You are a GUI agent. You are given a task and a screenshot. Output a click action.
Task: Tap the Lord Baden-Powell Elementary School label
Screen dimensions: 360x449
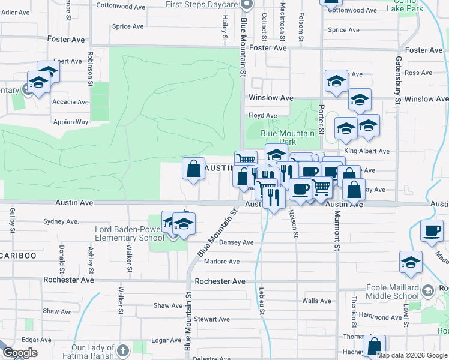129,233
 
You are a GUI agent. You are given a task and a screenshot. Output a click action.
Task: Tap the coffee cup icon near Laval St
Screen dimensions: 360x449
432,230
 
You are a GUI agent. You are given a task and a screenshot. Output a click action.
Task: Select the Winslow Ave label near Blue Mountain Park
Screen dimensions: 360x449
271,98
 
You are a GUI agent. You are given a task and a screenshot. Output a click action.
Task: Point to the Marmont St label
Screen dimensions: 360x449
337,230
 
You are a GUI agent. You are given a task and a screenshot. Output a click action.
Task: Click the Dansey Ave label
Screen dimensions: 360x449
237,242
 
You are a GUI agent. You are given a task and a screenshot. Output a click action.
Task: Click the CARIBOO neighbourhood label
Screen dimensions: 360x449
18,256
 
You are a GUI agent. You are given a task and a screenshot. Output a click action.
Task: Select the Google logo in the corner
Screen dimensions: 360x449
20,353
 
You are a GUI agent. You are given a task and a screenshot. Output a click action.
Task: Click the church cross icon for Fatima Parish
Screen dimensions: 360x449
122,350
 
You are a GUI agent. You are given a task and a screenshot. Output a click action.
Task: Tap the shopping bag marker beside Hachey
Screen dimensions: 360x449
374,346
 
